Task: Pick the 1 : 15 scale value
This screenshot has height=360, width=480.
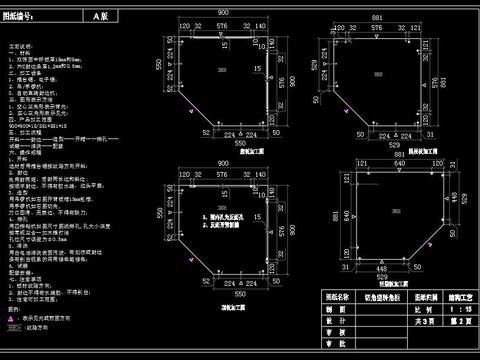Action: click(450, 310)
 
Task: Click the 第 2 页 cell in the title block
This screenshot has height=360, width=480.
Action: click(450, 324)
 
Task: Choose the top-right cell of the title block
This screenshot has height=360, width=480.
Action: click(450, 297)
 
